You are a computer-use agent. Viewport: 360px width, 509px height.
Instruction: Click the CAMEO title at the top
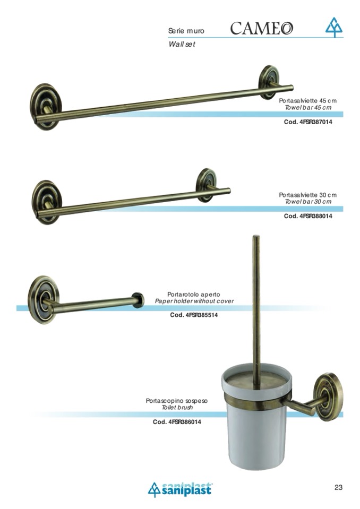point(262,28)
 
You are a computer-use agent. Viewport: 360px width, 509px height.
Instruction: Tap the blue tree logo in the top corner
point(334,27)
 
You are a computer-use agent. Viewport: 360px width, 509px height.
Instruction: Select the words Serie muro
point(186,31)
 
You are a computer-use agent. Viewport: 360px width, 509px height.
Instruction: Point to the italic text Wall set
point(182,44)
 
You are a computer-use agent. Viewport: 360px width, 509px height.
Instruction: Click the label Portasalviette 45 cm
point(308,101)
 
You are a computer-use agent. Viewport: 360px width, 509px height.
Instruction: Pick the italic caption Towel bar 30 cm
point(308,202)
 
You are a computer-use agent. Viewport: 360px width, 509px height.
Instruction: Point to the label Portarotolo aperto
point(194,295)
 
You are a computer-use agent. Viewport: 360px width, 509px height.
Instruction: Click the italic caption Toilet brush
point(177,408)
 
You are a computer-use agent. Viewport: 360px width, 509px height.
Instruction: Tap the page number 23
point(338,487)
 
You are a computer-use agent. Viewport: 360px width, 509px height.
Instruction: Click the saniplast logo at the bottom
point(181,489)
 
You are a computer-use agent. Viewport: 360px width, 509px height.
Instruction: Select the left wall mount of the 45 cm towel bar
point(46,107)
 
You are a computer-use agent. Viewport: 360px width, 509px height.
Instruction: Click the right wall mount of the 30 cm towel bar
point(206,185)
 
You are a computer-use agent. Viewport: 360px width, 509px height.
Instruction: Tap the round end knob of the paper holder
point(138,300)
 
